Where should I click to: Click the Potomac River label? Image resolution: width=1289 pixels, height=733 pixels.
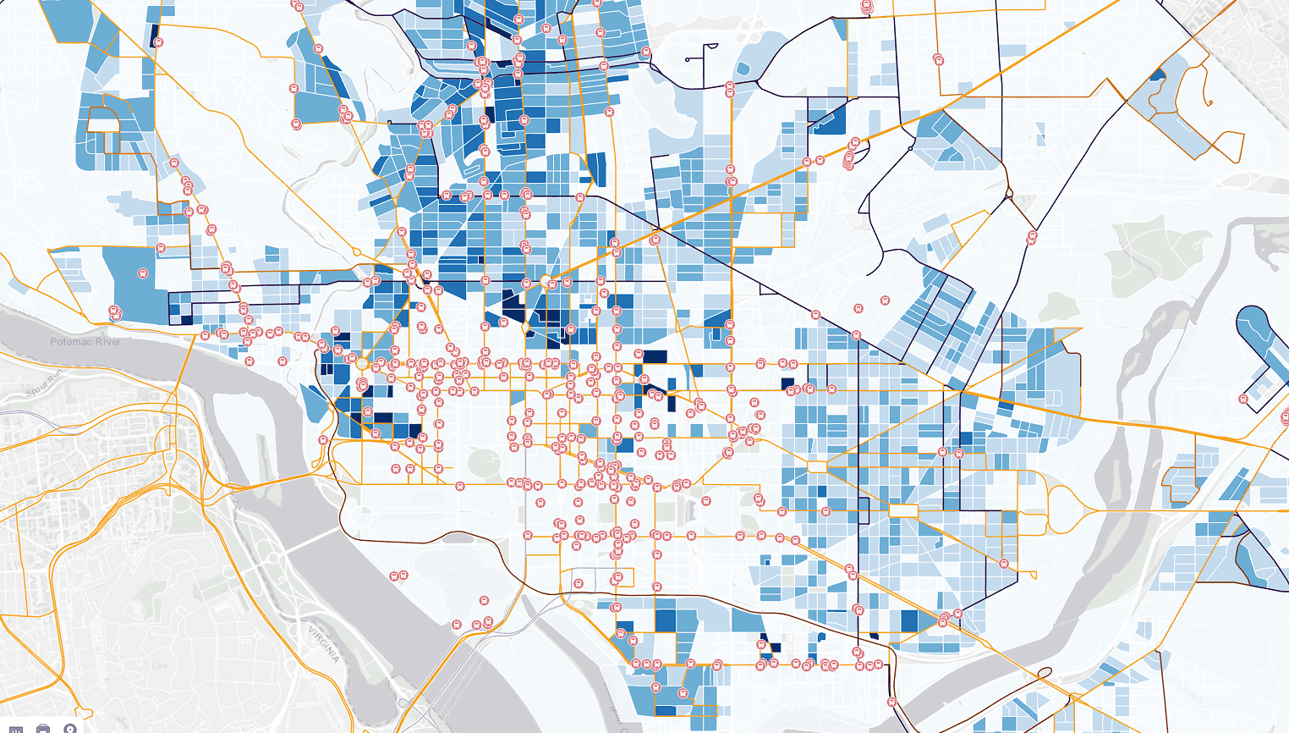[x=85, y=342]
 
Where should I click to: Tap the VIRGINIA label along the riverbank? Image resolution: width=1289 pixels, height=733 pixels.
[x=323, y=644]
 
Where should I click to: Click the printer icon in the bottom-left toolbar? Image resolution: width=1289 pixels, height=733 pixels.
[x=43, y=729]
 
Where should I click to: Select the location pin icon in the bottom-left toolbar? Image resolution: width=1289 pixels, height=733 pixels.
[x=70, y=729]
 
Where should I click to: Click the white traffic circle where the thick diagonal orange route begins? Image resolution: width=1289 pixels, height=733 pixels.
[x=546, y=280]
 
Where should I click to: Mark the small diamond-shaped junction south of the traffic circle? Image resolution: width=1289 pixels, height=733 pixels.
[x=525, y=327]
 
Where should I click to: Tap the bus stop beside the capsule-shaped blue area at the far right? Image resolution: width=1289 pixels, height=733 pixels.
[x=1243, y=399]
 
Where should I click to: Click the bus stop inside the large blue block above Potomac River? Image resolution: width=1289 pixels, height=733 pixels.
[x=143, y=274]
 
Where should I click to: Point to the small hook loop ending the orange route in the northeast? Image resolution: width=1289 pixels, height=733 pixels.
[x=1209, y=102]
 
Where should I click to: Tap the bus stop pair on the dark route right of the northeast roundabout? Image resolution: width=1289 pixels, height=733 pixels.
[x=1032, y=238]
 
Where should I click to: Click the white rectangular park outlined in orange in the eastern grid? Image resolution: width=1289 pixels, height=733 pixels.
[x=902, y=510]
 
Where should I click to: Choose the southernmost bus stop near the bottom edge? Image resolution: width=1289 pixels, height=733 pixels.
[x=891, y=702]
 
